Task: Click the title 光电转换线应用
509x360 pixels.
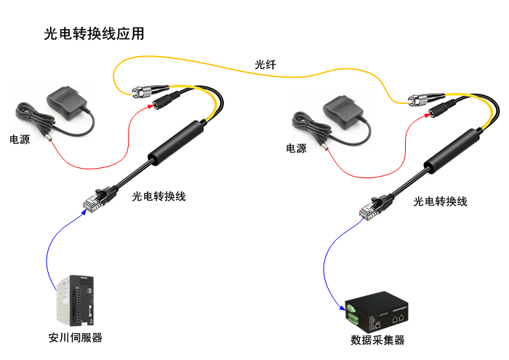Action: (x=95, y=33)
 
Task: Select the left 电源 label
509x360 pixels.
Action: (x=20, y=138)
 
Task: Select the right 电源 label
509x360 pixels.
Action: (x=296, y=148)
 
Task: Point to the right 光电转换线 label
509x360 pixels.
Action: (x=440, y=201)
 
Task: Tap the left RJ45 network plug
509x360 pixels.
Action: (x=92, y=201)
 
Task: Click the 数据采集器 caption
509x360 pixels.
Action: (x=377, y=340)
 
